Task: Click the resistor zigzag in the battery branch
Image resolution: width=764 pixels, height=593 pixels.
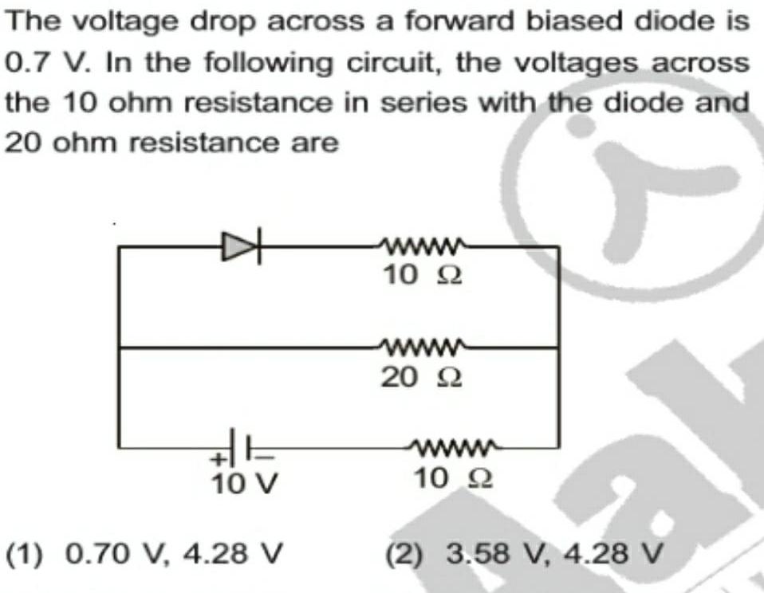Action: (x=453, y=448)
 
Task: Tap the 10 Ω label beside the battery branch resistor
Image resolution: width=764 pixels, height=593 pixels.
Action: (x=453, y=479)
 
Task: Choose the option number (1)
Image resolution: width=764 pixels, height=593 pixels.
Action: (x=25, y=552)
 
